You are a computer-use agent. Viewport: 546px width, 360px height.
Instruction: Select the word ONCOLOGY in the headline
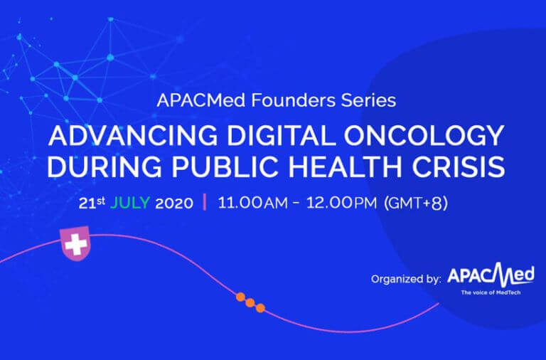click(x=424, y=135)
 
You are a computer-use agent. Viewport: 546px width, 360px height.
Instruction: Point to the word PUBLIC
click(x=225, y=166)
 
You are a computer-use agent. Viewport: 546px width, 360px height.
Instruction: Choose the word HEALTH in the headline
click(x=346, y=166)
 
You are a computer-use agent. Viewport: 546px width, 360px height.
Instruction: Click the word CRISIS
click(x=459, y=166)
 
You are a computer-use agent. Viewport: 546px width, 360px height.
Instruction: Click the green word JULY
click(x=130, y=203)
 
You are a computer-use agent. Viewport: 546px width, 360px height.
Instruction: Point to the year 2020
click(x=174, y=203)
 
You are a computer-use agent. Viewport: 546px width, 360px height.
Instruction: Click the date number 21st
click(x=92, y=203)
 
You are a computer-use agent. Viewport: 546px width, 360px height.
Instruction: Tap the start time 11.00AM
click(x=253, y=203)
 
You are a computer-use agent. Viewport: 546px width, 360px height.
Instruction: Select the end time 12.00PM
click(x=341, y=203)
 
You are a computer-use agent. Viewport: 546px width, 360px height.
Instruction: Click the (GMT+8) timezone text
click(x=415, y=203)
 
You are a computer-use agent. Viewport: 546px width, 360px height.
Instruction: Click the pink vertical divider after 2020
click(x=205, y=202)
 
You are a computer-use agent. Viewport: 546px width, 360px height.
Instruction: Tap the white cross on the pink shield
click(x=76, y=244)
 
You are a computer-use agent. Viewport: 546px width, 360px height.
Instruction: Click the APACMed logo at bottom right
click(x=491, y=275)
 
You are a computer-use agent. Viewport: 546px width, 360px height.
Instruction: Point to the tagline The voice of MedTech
click(x=491, y=292)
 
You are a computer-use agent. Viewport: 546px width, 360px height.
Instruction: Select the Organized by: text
click(x=406, y=279)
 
